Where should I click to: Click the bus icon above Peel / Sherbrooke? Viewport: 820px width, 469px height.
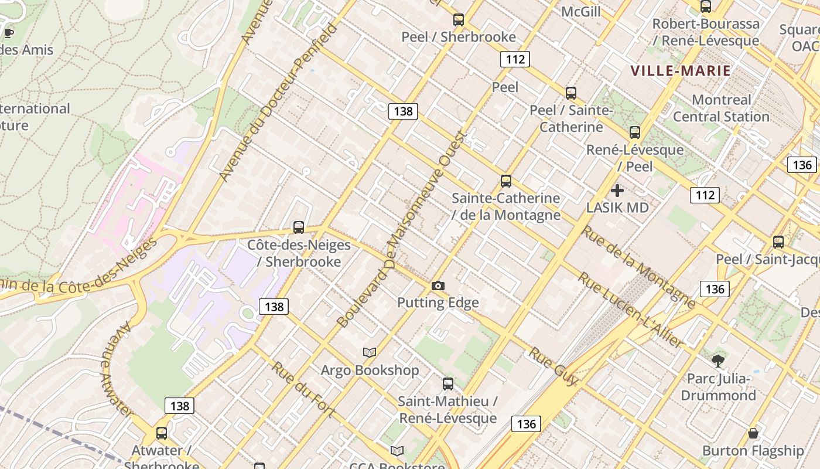point(459,20)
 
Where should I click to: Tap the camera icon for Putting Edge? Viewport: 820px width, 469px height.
point(438,286)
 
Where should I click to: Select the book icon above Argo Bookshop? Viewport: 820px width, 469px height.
point(369,352)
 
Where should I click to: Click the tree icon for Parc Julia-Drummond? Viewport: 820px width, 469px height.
point(717,361)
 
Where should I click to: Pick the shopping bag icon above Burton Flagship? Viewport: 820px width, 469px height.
point(753,433)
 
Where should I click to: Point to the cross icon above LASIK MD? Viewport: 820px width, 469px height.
point(617,191)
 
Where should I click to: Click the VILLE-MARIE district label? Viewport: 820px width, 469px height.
point(681,71)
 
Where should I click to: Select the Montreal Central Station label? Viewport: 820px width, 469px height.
point(721,108)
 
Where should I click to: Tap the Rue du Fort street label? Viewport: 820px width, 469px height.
point(303,389)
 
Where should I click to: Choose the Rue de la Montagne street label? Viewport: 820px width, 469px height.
point(638,267)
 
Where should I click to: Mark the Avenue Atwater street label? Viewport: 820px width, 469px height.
point(117,370)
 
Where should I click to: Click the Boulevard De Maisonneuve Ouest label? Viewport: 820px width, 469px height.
point(402,229)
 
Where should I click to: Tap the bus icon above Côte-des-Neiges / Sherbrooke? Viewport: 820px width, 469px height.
point(299,227)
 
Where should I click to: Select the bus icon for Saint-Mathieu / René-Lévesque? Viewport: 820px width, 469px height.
point(448,384)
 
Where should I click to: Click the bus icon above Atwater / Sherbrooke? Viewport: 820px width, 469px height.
point(162,433)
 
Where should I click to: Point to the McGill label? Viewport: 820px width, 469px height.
point(581,12)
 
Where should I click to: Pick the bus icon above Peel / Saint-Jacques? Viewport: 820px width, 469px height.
point(778,242)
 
